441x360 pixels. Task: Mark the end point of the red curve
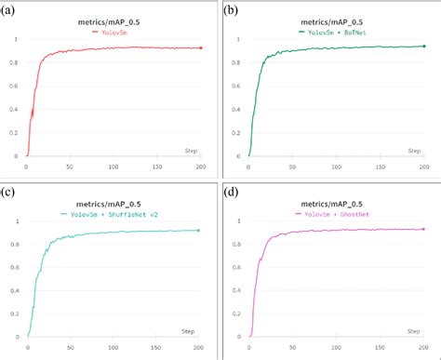pos(201,47)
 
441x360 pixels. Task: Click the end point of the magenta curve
pos(423,229)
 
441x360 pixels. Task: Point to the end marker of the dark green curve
pos(423,46)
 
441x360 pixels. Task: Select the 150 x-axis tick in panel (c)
pos(156,348)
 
